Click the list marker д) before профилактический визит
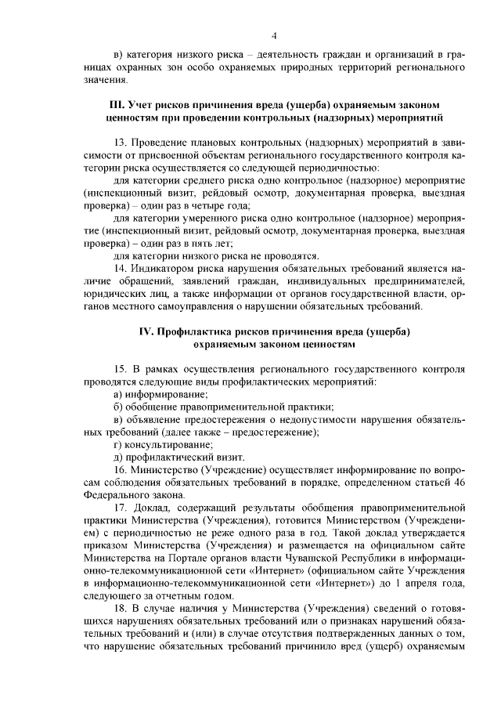point(117,457)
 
